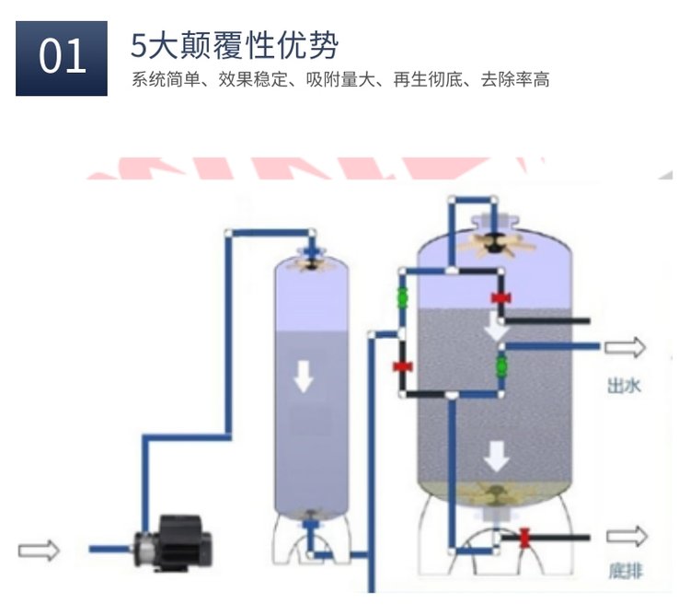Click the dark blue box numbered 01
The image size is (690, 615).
(62, 58)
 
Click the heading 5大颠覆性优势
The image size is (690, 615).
(235, 43)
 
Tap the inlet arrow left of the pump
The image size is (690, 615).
(39, 550)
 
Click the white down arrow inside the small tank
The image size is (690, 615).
(301, 376)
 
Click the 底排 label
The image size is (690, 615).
(625, 571)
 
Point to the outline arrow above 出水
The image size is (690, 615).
(625, 347)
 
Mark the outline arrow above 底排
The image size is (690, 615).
(626, 536)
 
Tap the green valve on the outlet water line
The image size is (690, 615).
(501, 364)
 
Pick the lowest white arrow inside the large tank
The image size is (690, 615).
(498, 454)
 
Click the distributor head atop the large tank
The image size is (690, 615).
(497, 238)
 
